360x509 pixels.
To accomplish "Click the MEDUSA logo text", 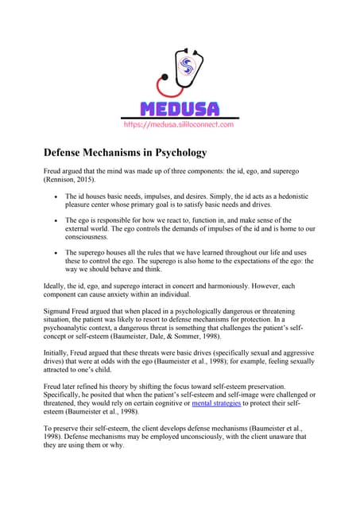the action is tap(179, 109).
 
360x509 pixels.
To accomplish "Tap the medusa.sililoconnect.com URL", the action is tap(179, 125).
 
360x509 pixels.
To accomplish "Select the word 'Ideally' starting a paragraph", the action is tap(56, 285).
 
